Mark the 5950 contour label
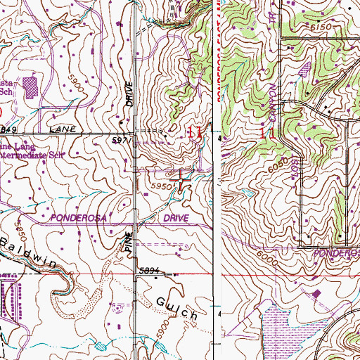161,186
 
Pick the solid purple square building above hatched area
317,292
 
